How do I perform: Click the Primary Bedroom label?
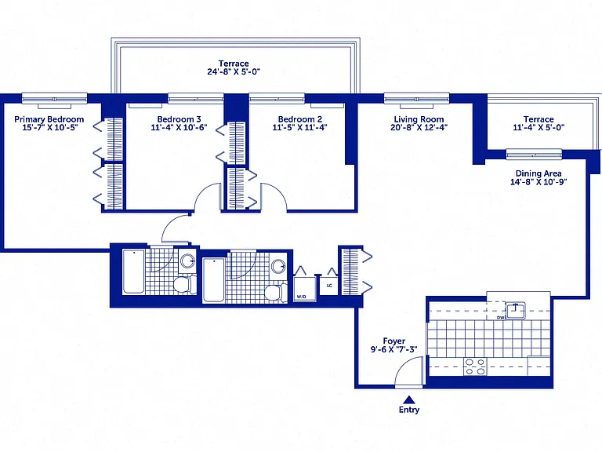(x=49, y=119)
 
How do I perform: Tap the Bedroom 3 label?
(x=179, y=119)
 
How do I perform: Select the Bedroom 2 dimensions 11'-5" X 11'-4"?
(x=300, y=128)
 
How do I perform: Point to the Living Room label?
(x=419, y=119)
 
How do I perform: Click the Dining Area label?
(x=539, y=173)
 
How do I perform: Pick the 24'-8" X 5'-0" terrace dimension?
(x=234, y=72)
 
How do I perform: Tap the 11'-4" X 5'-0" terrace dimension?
(x=539, y=128)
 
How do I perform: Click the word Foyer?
(x=394, y=341)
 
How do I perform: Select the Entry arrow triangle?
(x=409, y=399)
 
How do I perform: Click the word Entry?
(x=409, y=410)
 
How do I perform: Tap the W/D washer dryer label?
(x=301, y=297)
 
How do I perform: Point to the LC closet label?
(x=329, y=286)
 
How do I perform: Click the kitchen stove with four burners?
(x=475, y=366)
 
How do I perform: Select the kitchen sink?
(x=515, y=311)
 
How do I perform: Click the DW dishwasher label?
(x=500, y=318)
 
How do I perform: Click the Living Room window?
(x=416, y=99)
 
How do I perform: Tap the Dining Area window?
(x=534, y=155)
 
